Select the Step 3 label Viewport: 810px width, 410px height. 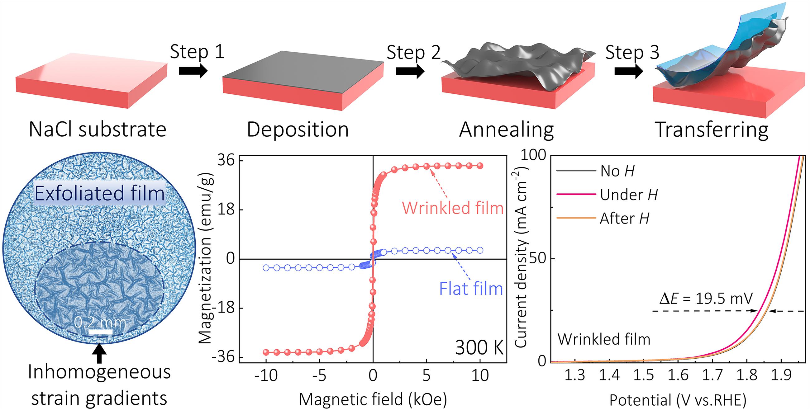click(632, 52)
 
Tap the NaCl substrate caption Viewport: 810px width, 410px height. click(98, 130)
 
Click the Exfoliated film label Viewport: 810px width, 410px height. click(100, 193)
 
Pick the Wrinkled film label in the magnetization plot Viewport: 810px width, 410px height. click(453, 208)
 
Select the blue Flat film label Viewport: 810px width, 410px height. click(471, 289)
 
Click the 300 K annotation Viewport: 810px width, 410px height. click(479, 348)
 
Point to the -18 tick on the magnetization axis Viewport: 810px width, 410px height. click(224, 308)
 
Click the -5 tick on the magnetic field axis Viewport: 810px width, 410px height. click(319, 375)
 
